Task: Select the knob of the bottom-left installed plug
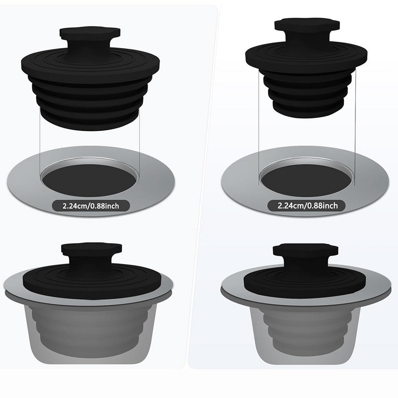pyautogui.click(x=92, y=254)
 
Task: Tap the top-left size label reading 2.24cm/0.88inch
pyautogui.click(x=91, y=206)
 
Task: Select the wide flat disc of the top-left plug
pyautogui.click(x=91, y=64)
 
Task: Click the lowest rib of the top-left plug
pyautogui.click(x=90, y=122)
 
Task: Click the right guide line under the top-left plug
pyautogui.click(x=139, y=143)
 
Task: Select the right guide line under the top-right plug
pyautogui.click(x=355, y=127)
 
